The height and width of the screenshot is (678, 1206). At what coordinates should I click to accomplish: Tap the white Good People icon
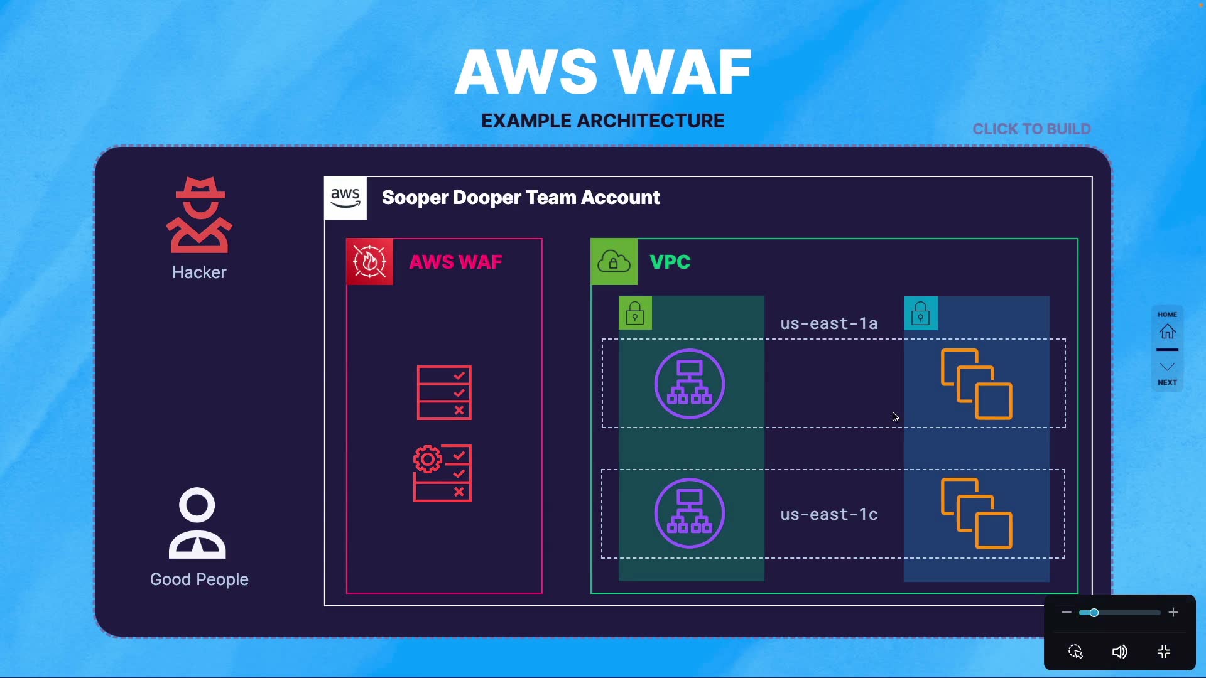tap(197, 524)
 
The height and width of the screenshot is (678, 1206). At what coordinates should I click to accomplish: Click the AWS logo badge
tap(345, 198)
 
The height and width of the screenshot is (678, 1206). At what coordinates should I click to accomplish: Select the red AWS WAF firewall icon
tap(370, 262)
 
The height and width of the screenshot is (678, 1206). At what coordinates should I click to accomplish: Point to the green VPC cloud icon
tap(614, 262)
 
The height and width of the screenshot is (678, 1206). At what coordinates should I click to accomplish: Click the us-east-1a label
tap(828, 323)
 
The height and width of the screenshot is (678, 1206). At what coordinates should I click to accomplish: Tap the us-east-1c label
tap(828, 514)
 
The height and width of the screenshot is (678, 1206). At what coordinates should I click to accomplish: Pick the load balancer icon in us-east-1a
tap(690, 384)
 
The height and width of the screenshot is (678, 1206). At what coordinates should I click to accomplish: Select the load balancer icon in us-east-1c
tap(690, 513)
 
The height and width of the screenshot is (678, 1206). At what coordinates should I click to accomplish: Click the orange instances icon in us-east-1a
tap(977, 384)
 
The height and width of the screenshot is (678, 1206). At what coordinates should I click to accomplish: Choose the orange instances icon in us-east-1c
tap(977, 513)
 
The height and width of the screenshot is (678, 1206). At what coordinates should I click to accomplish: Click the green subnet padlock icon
tap(635, 313)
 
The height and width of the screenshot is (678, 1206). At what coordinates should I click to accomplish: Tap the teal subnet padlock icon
tap(921, 313)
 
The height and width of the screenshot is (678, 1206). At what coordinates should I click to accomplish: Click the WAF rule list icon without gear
tap(445, 393)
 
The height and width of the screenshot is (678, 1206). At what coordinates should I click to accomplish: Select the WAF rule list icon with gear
tap(443, 473)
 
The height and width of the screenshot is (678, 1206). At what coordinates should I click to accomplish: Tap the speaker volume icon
tap(1119, 652)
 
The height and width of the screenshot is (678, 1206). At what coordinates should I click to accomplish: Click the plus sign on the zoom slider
tap(1173, 612)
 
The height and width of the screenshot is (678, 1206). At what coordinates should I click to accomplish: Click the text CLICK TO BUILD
tap(1031, 129)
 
